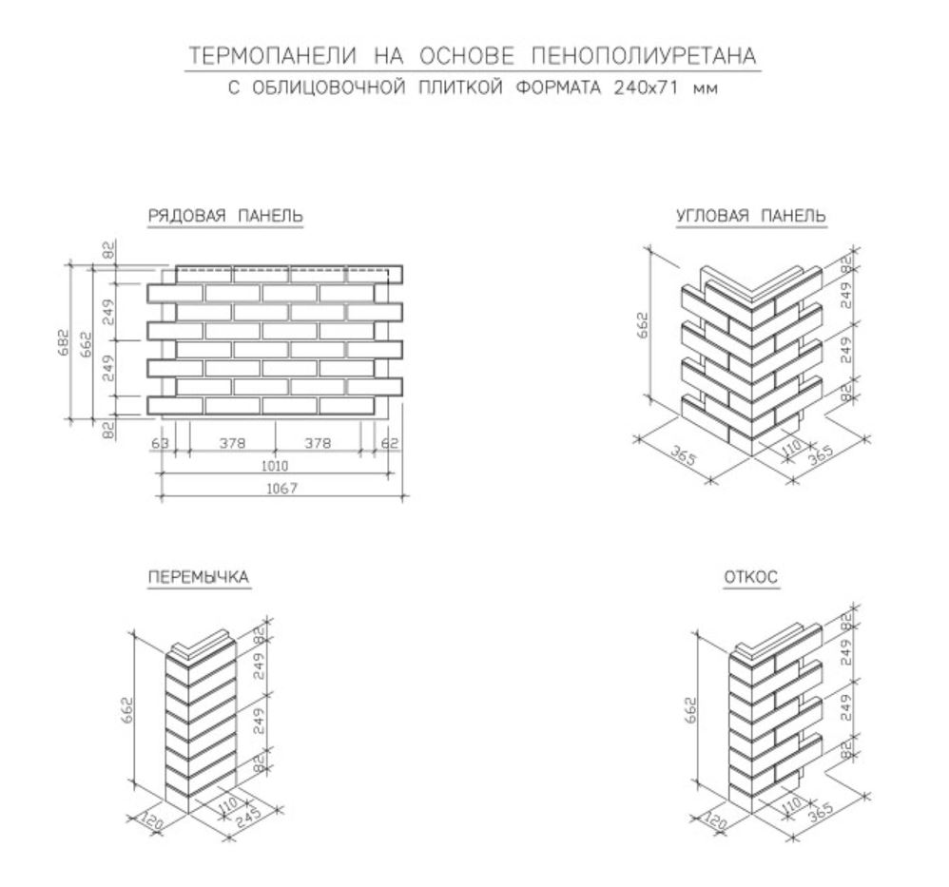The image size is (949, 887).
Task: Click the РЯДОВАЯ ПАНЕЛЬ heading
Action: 225,218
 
